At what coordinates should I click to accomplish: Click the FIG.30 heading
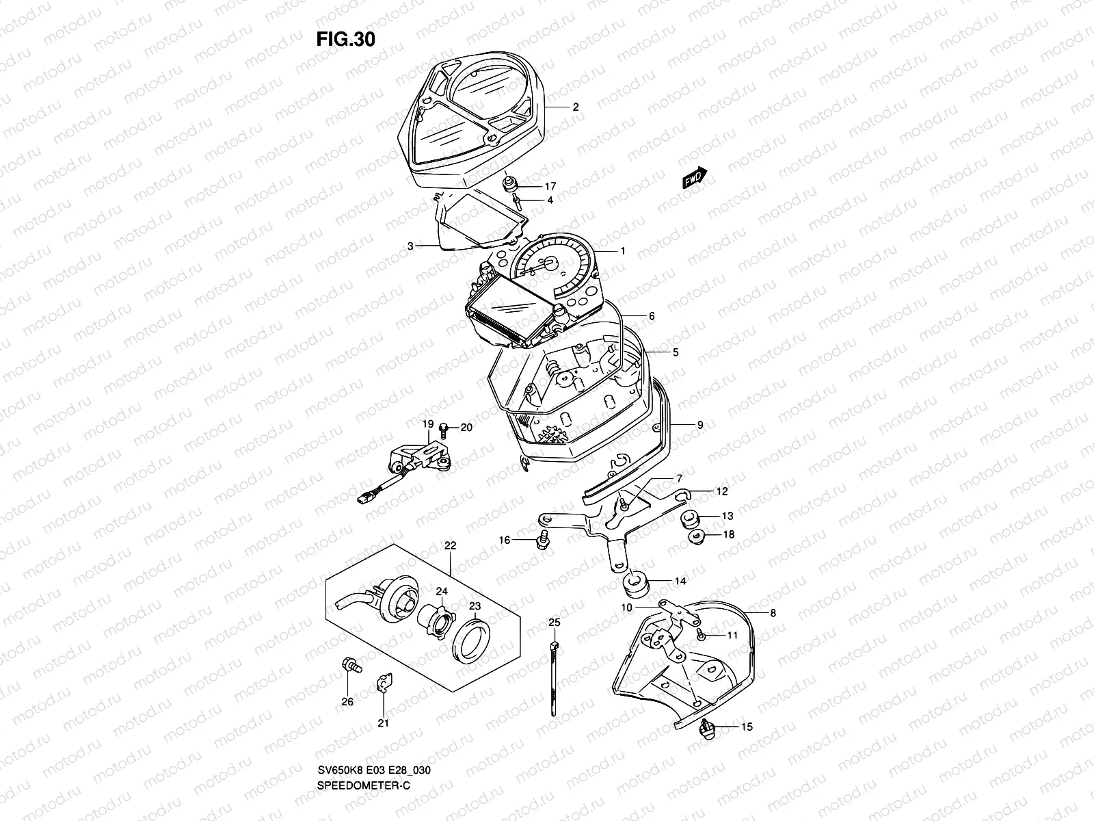(x=345, y=40)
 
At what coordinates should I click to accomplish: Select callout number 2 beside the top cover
(x=575, y=107)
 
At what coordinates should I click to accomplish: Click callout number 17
(x=550, y=186)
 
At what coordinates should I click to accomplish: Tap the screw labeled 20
(x=444, y=428)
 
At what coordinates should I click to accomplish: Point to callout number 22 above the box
(x=450, y=546)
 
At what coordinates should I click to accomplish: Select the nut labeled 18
(x=696, y=537)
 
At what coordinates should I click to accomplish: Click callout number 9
(x=700, y=425)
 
